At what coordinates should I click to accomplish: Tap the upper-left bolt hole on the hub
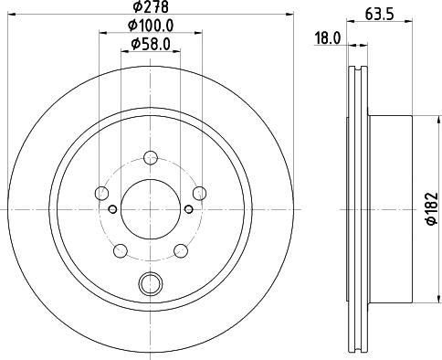(x=101, y=193)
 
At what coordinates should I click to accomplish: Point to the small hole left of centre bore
(x=112, y=209)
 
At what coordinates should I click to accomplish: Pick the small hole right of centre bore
(x=188, y=209)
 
